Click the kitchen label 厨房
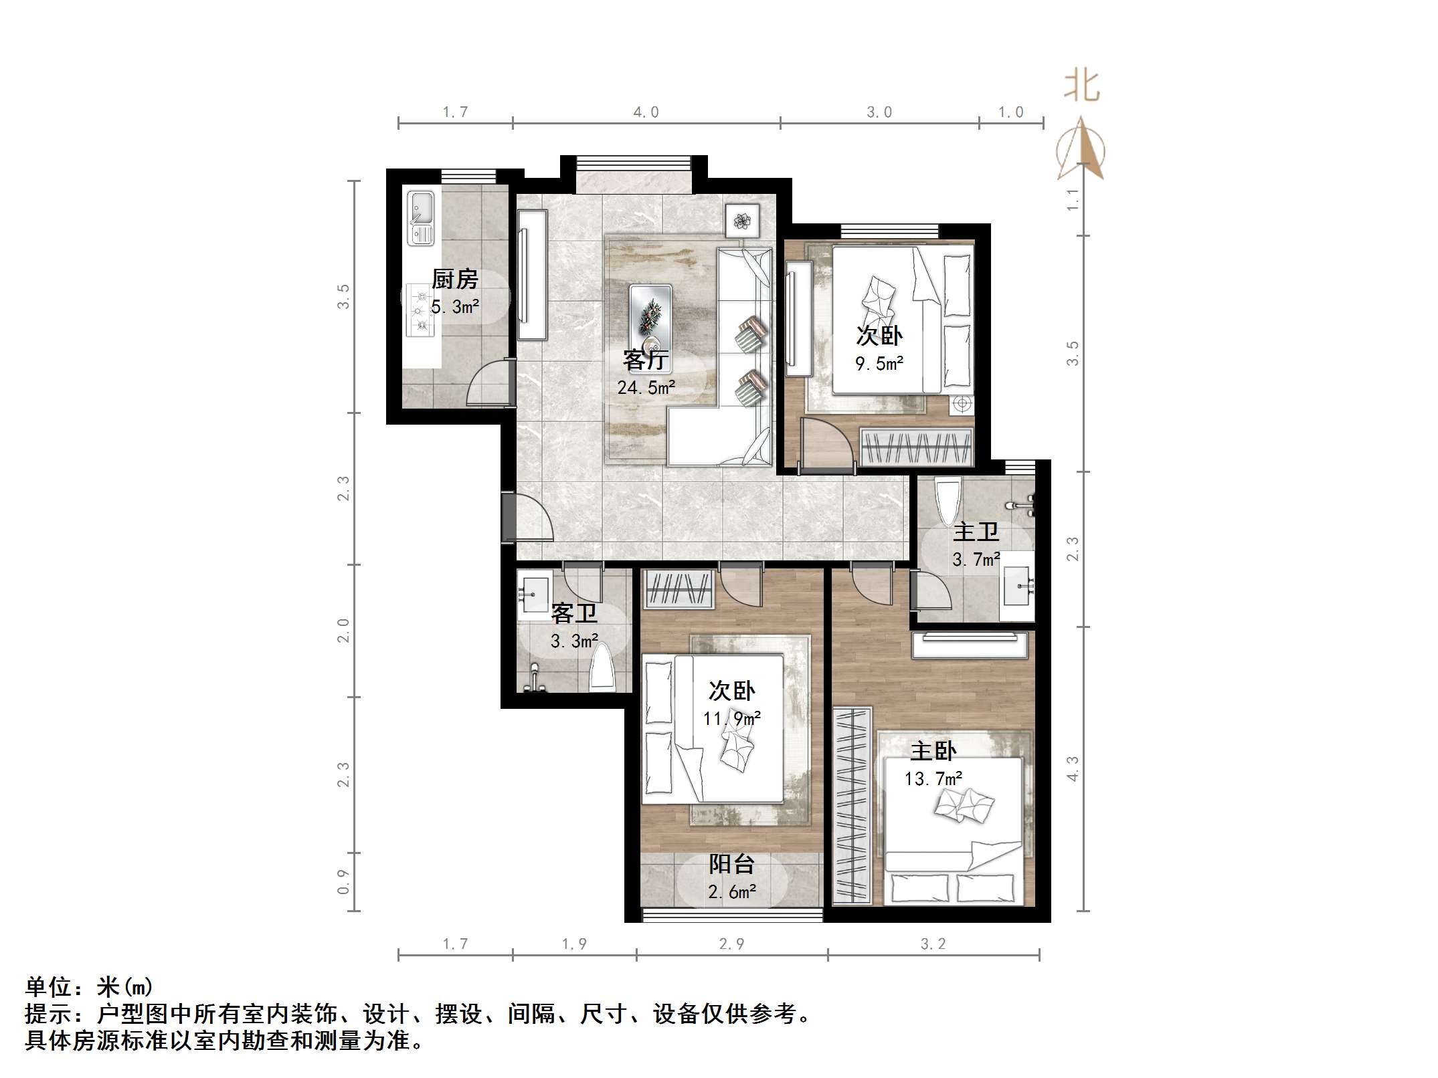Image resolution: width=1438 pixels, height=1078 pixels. pos(455,279)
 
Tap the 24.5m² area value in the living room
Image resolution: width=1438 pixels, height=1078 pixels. pos(646,388)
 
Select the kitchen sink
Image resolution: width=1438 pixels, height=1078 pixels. pos(421,218)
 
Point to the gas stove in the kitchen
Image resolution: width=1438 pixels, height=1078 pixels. pos(420,310)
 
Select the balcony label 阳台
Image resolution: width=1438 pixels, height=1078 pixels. pos(731,865)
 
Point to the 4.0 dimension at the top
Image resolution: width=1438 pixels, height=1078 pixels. pos(646,112)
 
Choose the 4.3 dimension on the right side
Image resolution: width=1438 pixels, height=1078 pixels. pos(1073,768)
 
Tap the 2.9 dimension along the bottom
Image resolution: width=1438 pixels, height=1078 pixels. pos(731,944)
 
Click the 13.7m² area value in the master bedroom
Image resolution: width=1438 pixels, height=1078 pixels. pos(933,778)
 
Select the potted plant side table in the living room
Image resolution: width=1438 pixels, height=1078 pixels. pos(742,221)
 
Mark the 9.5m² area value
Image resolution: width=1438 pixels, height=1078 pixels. pos(879,364)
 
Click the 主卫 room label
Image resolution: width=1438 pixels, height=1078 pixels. pos(976,532)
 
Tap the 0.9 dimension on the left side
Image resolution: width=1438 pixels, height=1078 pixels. pos(343,882)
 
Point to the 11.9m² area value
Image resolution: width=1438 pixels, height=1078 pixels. pos(731,718)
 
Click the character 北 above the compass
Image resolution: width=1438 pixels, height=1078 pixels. pos(1082,86)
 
